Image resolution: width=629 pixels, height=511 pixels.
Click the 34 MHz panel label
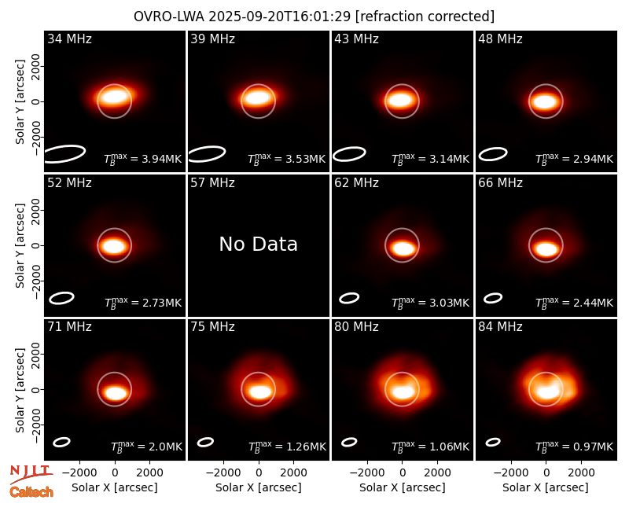coord(69,39)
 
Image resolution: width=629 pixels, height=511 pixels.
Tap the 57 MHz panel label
coord(212,183)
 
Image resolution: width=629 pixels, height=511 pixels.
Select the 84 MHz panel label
coord(500,327)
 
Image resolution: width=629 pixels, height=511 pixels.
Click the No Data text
coord(259,244)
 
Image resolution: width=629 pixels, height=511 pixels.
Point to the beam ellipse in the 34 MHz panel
coord(64,154)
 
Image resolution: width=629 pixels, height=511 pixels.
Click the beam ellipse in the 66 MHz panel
coord(493,298)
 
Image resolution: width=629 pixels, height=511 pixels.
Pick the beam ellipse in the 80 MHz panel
coord(349,442)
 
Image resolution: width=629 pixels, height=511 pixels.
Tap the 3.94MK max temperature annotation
coord(143,159)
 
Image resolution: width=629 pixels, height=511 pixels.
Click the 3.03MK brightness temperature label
coord(430,303)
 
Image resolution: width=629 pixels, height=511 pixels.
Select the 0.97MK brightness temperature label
coord(575,447)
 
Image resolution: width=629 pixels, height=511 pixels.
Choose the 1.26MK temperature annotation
coord(287,447)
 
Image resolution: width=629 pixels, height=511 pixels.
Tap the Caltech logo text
coord(31,492)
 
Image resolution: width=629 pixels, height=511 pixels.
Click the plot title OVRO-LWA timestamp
coord(314,17)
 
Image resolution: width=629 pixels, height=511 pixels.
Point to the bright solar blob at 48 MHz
coord(546,101)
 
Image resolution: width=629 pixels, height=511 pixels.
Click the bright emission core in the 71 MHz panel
coord(115,392)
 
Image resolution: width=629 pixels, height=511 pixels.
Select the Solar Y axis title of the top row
coord(20,102)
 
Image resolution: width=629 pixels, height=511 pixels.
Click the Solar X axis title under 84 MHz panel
coord(546,487)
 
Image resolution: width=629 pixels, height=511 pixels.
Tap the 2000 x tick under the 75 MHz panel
coord(293,473)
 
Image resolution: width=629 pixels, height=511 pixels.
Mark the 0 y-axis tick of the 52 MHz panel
coord(36,245)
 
